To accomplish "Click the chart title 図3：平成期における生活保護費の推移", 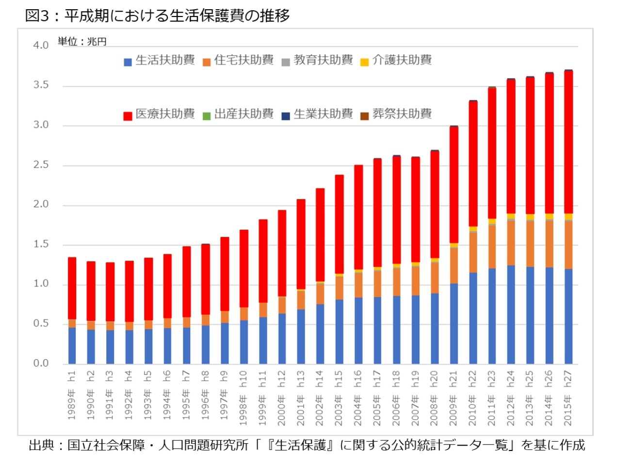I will coord(157,16).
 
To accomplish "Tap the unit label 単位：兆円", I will coord(82,42).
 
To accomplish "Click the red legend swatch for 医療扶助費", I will coord(128,116).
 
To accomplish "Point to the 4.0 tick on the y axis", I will coord(41,46).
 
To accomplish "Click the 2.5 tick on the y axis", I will coord(41,165).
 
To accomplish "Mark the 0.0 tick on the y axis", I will coord(41,364).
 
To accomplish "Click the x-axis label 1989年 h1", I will coord(72,395).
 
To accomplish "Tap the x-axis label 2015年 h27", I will coord(568,398).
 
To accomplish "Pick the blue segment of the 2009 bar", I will coord(454,323).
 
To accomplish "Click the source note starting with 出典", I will coord(307,445).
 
